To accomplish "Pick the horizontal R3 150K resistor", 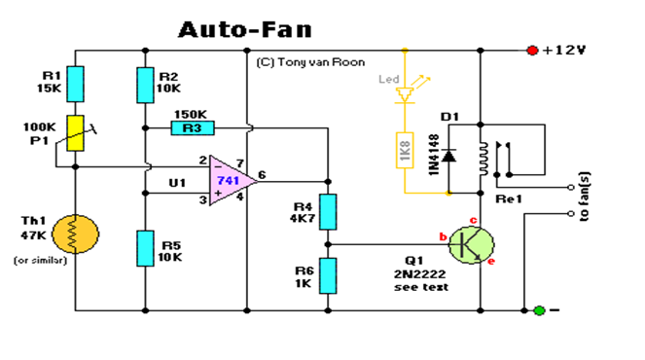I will [191, 126].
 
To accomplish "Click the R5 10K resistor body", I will [145, 247].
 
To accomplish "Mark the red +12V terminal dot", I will [531, 50].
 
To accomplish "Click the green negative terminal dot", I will [538, 310].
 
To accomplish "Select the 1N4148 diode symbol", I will [447, 156].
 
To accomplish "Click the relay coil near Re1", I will [480, 156].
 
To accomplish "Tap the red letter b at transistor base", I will [443, 236].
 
